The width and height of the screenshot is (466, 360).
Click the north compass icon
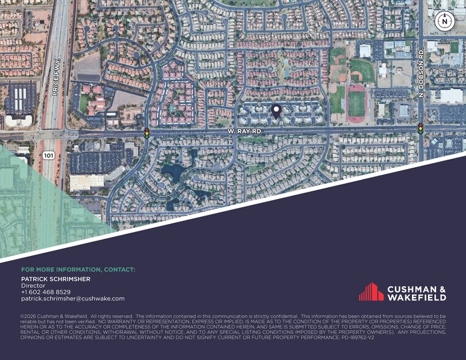coord(443,21)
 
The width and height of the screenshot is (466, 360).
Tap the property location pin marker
coord(276,111)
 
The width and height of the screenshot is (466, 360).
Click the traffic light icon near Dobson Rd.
coord(421,128)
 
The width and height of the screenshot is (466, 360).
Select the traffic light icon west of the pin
coord(147,132)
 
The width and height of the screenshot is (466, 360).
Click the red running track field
coord(356,103)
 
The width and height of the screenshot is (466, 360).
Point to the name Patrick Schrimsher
coord(56,279)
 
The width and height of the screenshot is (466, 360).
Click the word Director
coord(33,285)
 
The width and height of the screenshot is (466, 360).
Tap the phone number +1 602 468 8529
coord(46,292)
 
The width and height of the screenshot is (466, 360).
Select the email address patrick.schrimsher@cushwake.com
coord(73,299)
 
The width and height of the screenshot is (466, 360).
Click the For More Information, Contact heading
coord(78,269)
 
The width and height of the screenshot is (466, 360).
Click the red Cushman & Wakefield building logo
coord(371,291)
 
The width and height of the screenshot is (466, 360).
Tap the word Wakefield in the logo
coord(417,298)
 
